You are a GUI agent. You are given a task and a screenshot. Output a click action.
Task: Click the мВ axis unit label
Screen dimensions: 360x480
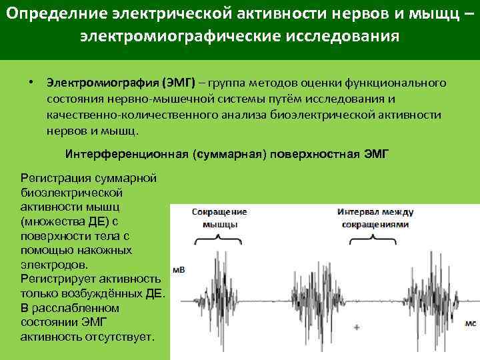[179, 270]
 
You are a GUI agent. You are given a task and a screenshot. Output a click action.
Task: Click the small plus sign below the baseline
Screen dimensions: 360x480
[357, 327]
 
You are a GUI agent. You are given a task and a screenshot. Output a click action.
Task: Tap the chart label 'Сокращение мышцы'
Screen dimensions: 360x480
[219, 217]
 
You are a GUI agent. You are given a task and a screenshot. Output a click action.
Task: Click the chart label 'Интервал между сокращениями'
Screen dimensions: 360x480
[375, 218]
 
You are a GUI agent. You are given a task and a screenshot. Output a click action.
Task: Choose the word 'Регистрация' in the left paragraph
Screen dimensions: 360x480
[54, 179]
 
